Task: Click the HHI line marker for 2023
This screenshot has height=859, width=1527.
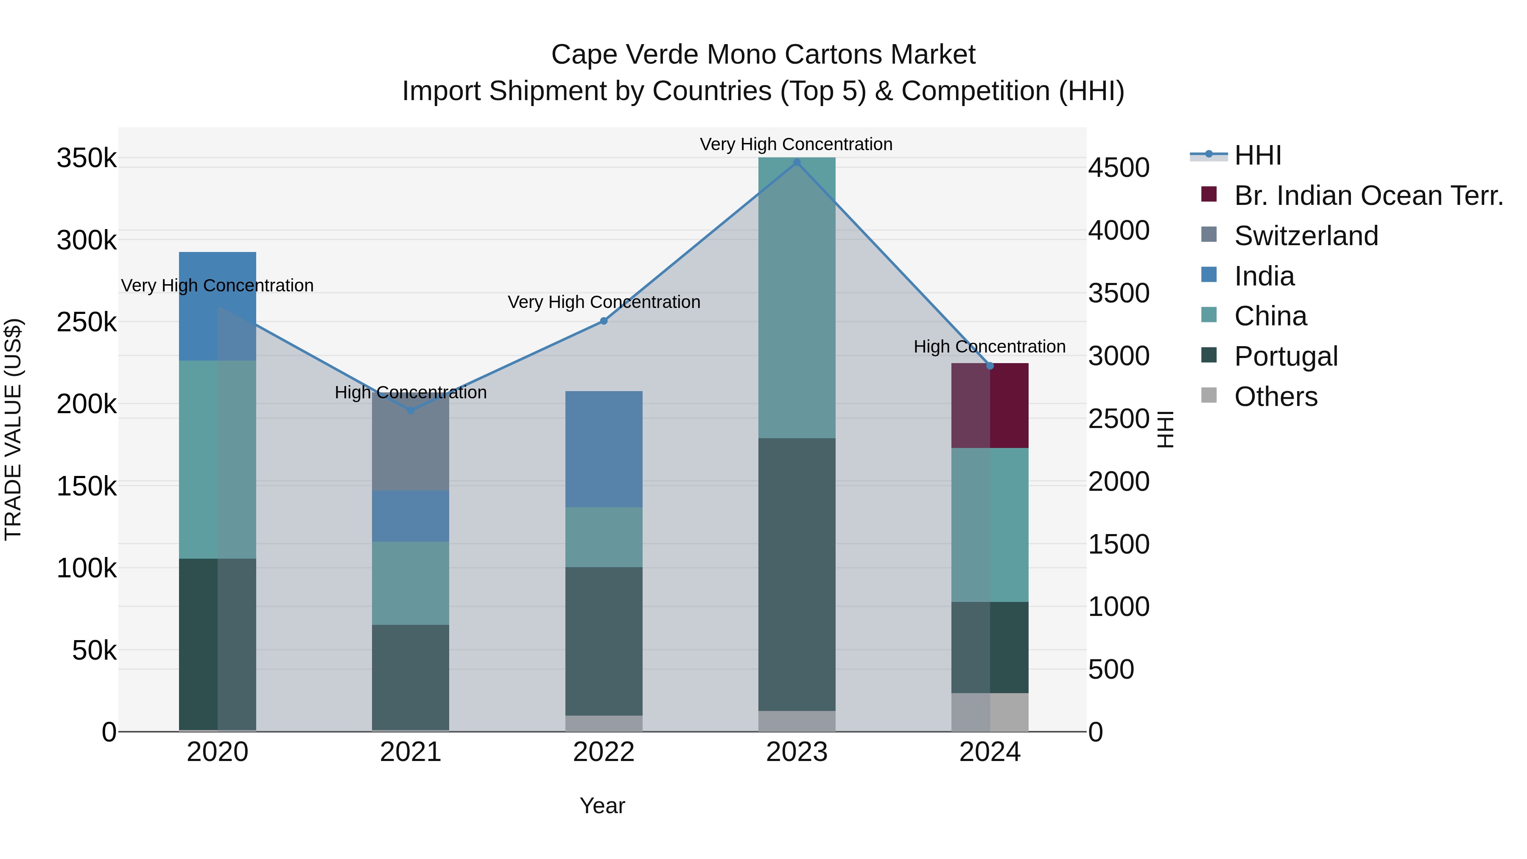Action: point(797,162)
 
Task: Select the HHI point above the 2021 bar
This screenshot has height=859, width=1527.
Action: point(410,410)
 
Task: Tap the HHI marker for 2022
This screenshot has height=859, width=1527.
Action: point(604,321)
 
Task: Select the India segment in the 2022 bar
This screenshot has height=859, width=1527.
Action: point(604,449)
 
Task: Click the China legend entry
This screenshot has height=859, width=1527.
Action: point(1270,316)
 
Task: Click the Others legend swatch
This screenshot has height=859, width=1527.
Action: point(1209,395)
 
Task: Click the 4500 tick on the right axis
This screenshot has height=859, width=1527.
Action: point(1118,168)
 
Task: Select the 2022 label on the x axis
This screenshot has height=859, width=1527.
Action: point(604,752)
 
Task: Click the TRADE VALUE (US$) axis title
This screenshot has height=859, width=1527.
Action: point(13,430)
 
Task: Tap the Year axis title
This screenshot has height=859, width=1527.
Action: point(602,806)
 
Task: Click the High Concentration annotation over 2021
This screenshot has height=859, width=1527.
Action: point(410,392)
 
